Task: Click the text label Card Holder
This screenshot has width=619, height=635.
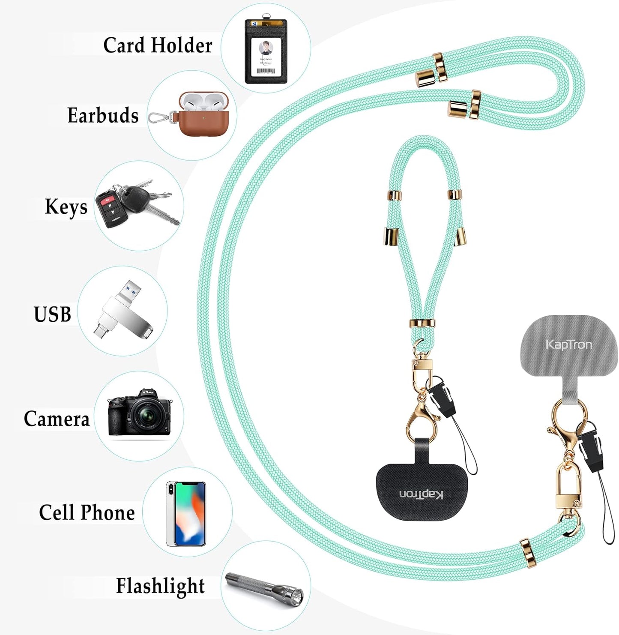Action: click(x=158, y=45)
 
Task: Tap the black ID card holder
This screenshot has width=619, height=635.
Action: click(x=266, y=51)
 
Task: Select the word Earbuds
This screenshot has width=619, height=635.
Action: click(x=103, y=115)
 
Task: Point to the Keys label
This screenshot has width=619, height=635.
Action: click(x=66, y=207)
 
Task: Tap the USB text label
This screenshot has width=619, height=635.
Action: click(x=52, y=315)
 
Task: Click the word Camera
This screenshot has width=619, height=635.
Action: click(x=57, y=419)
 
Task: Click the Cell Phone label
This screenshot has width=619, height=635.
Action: click(x=87, y=512)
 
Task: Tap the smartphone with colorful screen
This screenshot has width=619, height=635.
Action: click(x=186, y=513)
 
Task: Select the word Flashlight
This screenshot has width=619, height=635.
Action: click(x=160, y=586)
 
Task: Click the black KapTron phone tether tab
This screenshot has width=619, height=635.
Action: click(x=422, y=493)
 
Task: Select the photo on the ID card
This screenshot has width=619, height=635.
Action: click(x=266, y=48)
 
